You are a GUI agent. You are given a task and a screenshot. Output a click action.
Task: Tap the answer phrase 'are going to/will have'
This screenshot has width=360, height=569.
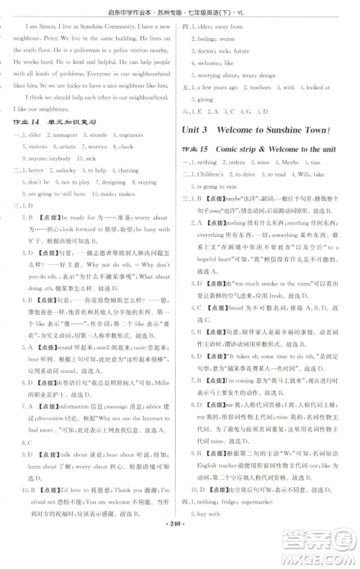tap(53, 194)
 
